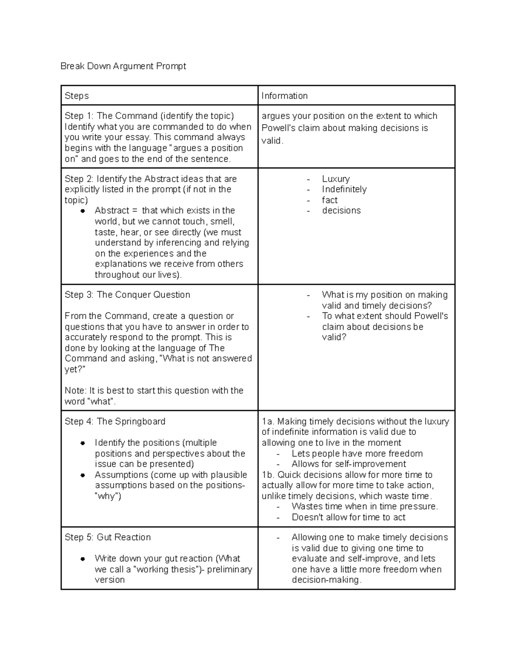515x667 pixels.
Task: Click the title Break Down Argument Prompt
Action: click(x=123, y=66)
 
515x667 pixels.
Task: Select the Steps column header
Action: click(x=77, y=96)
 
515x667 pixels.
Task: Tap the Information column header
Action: click(x=285, y=96)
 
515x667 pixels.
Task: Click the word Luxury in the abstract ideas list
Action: click(x=336, y=179)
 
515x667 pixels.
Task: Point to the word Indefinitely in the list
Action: click(x=344, y=189)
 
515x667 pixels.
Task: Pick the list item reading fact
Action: click(x=330, y=200)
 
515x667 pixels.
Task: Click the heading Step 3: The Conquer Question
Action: click(x=127, y=295)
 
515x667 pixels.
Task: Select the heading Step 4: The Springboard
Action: click(x=115, y=421)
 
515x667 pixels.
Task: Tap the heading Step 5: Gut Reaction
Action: click(x=108, y=537)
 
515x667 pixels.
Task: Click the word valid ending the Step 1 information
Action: click(x=272, y=141)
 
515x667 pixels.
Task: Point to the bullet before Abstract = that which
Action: click(x=83, y=211)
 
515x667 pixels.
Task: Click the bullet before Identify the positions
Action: click(x=83, y=443)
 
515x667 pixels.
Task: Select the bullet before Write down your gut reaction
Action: click(x=83, y=559)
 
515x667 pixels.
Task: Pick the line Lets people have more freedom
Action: click(x=357, y=454)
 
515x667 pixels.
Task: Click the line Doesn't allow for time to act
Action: click(x=348, y=518)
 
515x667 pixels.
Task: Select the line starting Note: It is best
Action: click(x=154, y=391)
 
